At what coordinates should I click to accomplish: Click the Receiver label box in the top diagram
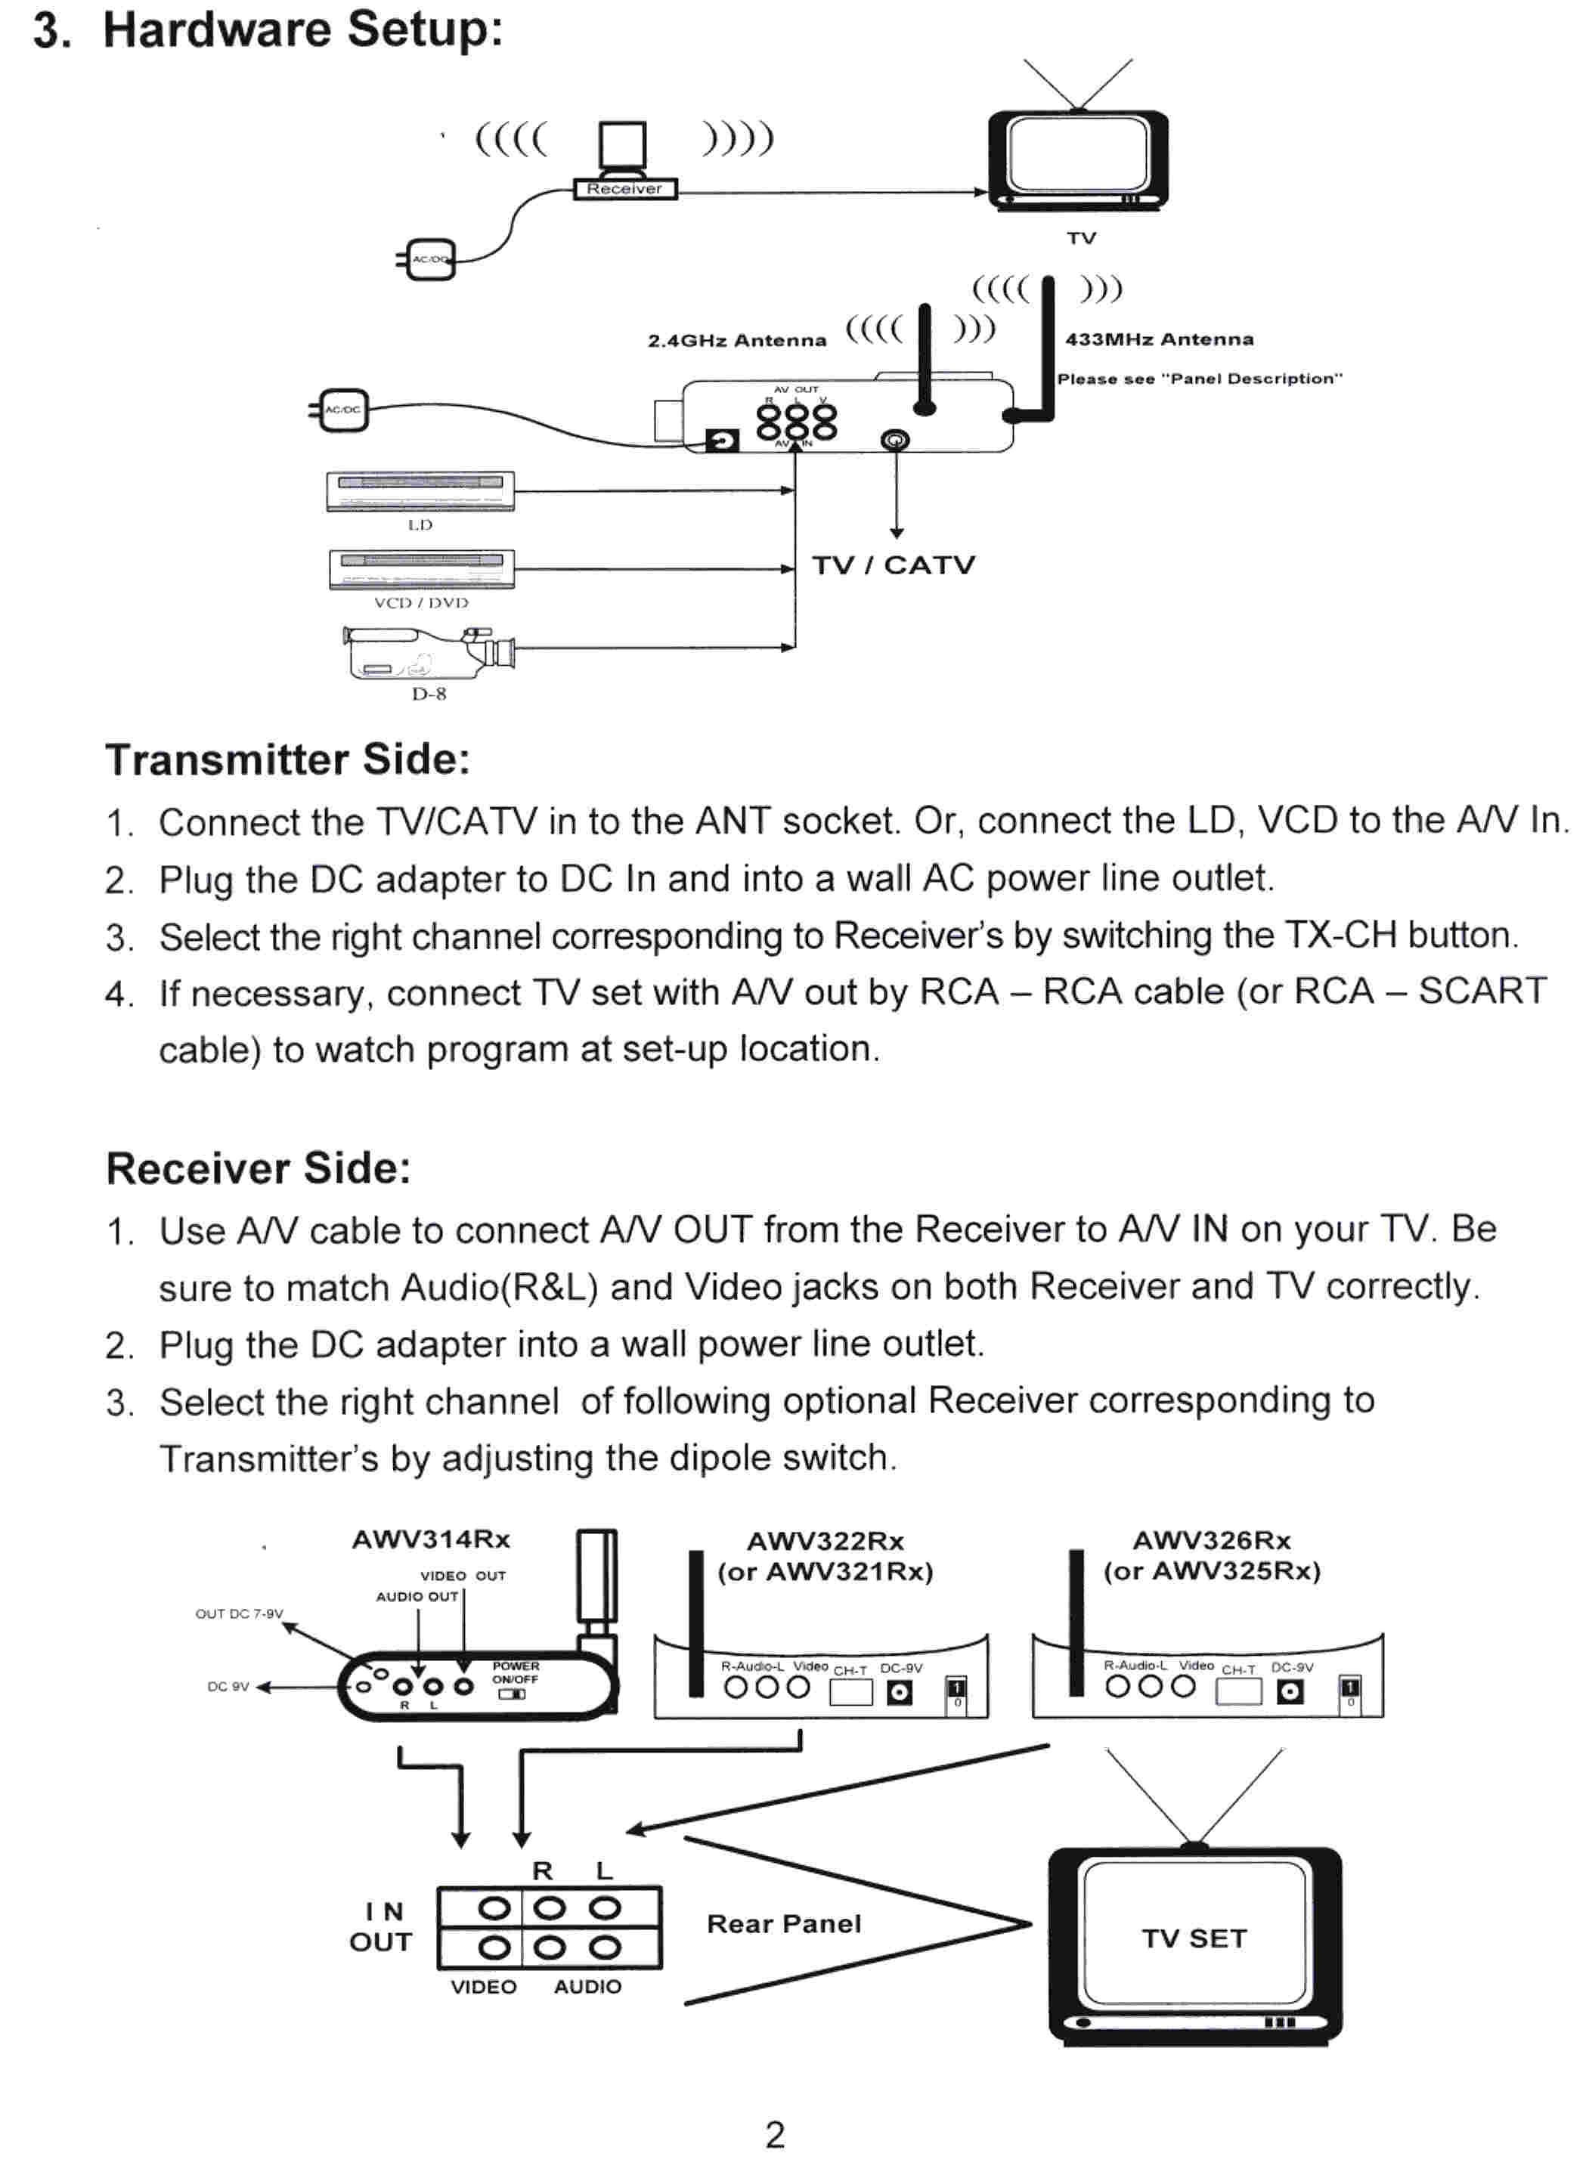[x=625, y=188]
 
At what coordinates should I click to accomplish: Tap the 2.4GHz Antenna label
[x=737, y=340]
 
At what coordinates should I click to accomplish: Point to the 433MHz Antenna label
[x=1159, y=339]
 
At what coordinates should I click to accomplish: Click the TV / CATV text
[x=894, y=565]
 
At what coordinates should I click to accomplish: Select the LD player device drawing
[x=420, y=491]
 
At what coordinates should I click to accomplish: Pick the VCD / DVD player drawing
[x=421, y=568]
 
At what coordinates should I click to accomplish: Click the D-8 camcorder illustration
[x=429, y=653]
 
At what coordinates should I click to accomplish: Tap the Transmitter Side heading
[x=287, y=759]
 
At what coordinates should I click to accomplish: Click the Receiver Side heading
[x=259, y=1168]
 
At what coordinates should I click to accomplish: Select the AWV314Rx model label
[x=431, y=1539]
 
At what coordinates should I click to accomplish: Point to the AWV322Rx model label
[x=825, y=1542]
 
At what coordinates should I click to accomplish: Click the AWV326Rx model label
[x=1211, y=1541]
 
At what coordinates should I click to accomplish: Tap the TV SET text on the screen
[x=1194, y=1938]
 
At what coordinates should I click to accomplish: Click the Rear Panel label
[x=784, y=1924]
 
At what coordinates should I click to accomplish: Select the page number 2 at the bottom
[x=776, y=2136]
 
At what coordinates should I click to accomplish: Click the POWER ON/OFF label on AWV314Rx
[x=516, y=1673]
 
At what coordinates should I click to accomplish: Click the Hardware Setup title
[x=268, y=29]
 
